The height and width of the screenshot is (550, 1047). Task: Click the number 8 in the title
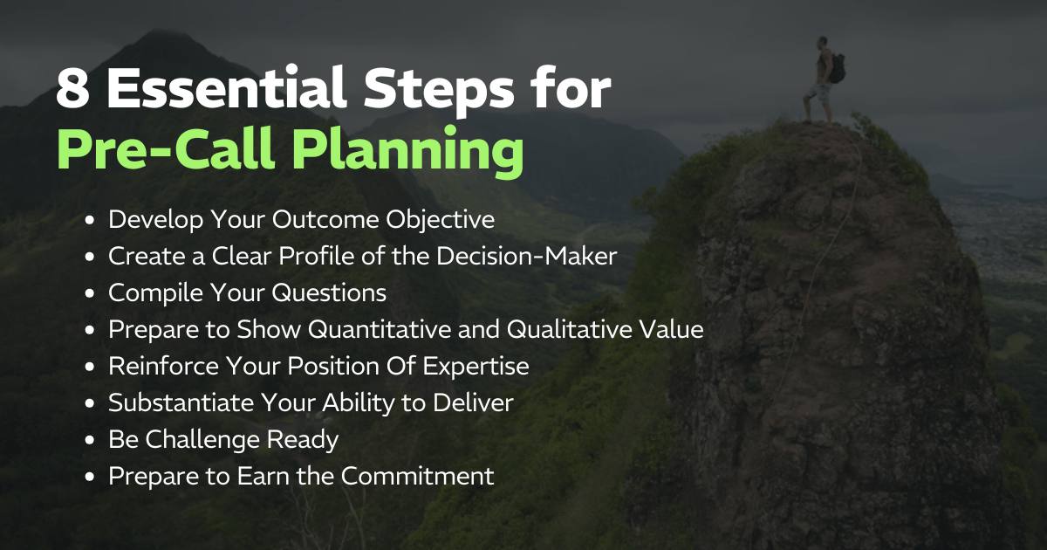(72, 89)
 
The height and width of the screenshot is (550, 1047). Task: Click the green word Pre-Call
(166, 148)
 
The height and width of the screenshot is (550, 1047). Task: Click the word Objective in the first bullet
(440, 220)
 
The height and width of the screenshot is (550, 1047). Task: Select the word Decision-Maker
(527, 256)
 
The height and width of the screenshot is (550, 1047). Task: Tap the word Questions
(329, 293)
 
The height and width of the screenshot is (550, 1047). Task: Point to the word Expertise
(476, 367)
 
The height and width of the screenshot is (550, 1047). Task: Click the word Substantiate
(181, 402)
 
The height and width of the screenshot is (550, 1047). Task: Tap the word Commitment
(417, 476)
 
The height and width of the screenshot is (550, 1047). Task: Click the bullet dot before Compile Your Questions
(90, 293)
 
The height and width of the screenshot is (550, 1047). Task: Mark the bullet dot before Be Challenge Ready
(90, 440)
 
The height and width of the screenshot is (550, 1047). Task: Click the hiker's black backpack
(837, 68)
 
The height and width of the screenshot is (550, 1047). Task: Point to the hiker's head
(822, 44)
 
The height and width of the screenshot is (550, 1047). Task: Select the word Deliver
(473, 402)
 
